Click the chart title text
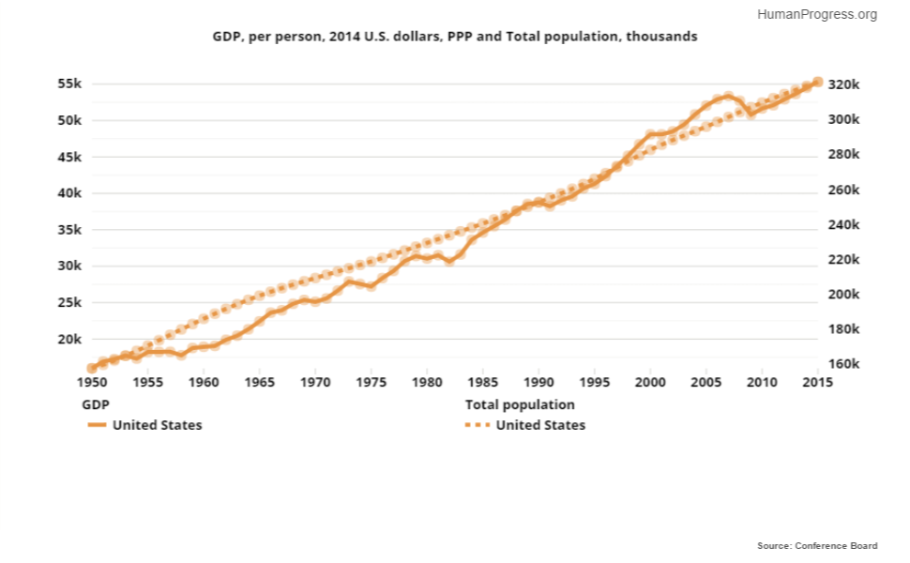tap(454, 37)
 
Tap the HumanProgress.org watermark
tap(816, 14)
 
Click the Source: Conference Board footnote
tap(817, 545)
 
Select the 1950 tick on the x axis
tap(92, 383)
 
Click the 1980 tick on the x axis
tap(427, 383)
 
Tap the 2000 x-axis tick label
tap(650, 383)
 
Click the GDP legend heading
tap(95, 405)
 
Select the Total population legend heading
tap(520, 405)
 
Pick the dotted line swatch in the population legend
tap(478, 425)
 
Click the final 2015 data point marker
tap(817, 83)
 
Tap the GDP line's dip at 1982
tap(449, 261)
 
